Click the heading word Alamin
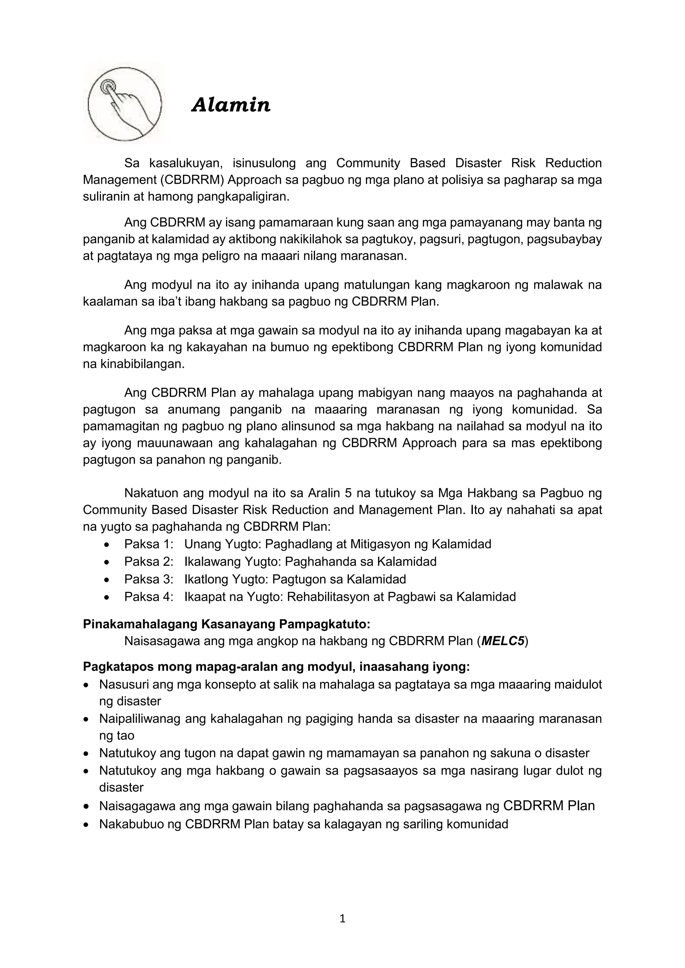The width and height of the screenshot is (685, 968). (x=231, y=105)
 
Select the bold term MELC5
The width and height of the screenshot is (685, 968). (x=503, y=641)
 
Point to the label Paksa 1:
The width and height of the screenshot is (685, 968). (x=149, y=544)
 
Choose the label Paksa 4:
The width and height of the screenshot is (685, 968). (x=149, y=597)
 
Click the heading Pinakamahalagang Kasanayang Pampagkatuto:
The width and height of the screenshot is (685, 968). (x=226, y=624)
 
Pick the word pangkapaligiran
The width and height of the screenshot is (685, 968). (x=244, y=197)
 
